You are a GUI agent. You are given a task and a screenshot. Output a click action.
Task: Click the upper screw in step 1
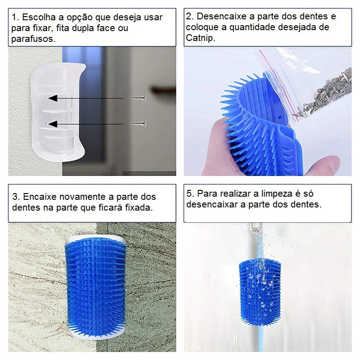[138, 98]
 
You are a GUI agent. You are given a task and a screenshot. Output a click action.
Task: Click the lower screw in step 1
[138, 123]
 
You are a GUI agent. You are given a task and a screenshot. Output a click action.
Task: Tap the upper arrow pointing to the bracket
[85, 98]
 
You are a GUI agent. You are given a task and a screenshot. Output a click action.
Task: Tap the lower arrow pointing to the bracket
[85, 123]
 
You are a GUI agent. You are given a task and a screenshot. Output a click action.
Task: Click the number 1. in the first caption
[16, 18]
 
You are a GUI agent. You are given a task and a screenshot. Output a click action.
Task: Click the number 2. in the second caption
[190, 17]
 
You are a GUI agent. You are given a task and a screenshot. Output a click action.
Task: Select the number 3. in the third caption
[16, 197]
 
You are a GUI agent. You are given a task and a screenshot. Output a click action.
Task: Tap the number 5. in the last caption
[190, 193]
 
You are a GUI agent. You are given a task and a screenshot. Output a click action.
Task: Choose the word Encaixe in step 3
[39, 197]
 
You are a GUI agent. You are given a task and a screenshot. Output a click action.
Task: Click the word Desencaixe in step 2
[220, 17]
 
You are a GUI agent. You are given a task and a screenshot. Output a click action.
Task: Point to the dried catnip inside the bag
[331, 92]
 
